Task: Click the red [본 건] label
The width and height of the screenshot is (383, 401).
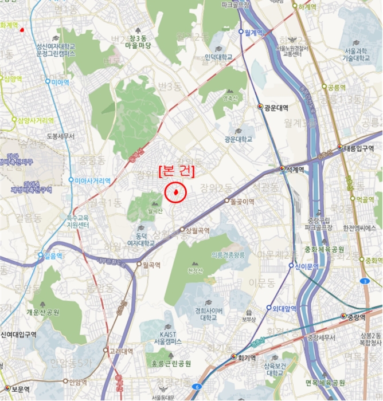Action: pyautogui.click(x=176, y=171)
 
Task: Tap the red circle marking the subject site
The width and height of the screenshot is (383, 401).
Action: pyautogui.click(x=176, y=192)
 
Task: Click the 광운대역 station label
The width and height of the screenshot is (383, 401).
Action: pyautogui.click(x=276, y=107)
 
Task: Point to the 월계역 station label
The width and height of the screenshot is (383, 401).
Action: pyautogui.click(x=253, y=32)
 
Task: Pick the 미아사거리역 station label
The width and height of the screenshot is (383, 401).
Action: pyautogui.click(x=92, y=180)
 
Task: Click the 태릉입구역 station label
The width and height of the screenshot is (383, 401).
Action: pyautogui.click(x=358, y=147)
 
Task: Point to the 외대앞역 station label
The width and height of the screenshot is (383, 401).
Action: pyautogui.click(x=284, y=309)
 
